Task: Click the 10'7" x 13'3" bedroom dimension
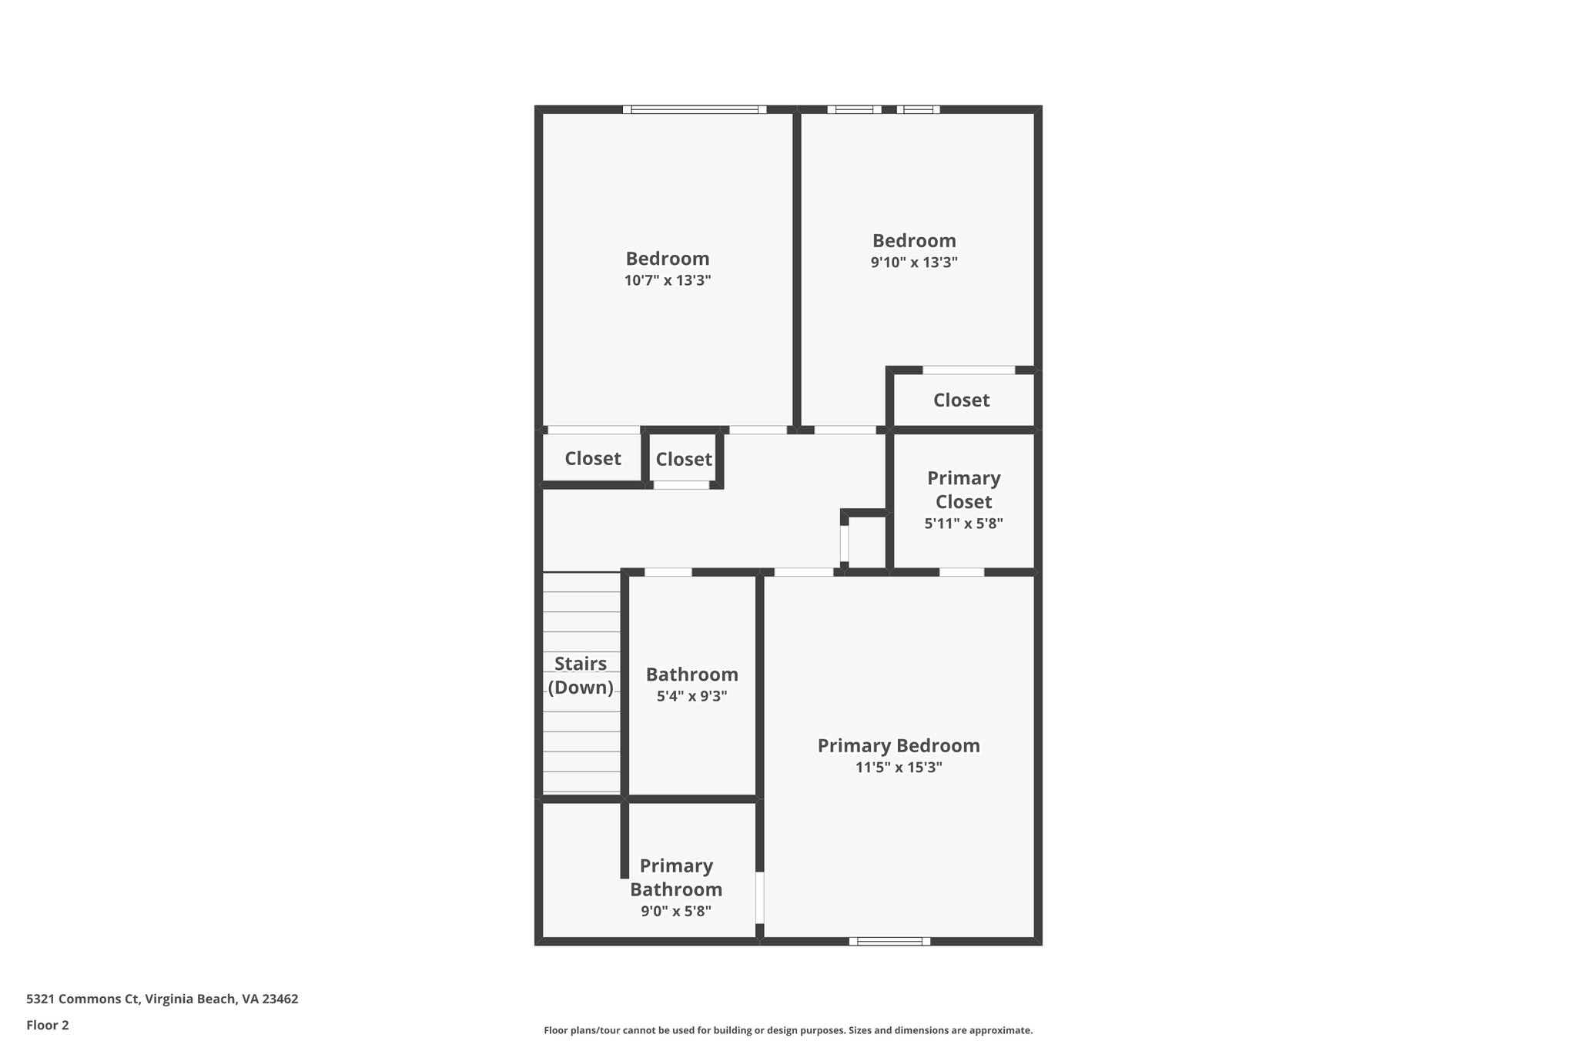tap(667, 280)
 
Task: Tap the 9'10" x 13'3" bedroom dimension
tap(914, 263)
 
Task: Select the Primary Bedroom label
tap(899, 745)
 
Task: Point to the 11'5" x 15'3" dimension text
tap(899, 768)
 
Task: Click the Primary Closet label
tap(963, 490)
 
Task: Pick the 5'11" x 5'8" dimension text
tap(963, 524)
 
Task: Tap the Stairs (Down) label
tap(581, 675)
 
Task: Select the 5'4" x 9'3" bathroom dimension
tap(691, 697)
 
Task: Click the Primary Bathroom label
tap(676, 878)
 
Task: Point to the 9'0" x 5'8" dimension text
tap(676, 912)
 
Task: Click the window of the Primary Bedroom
tap(889, 941)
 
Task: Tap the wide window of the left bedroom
tap(695, 109)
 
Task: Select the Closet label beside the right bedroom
tap(961, 400)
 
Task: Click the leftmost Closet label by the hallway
tap(592, 459)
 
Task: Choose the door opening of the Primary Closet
tap(962, 572)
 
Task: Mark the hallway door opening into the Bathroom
tap(668, 572)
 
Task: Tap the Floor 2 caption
tap(48, 1025)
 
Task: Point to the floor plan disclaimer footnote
tap(788, 1030)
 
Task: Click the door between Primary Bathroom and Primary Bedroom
tap(759, 897)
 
